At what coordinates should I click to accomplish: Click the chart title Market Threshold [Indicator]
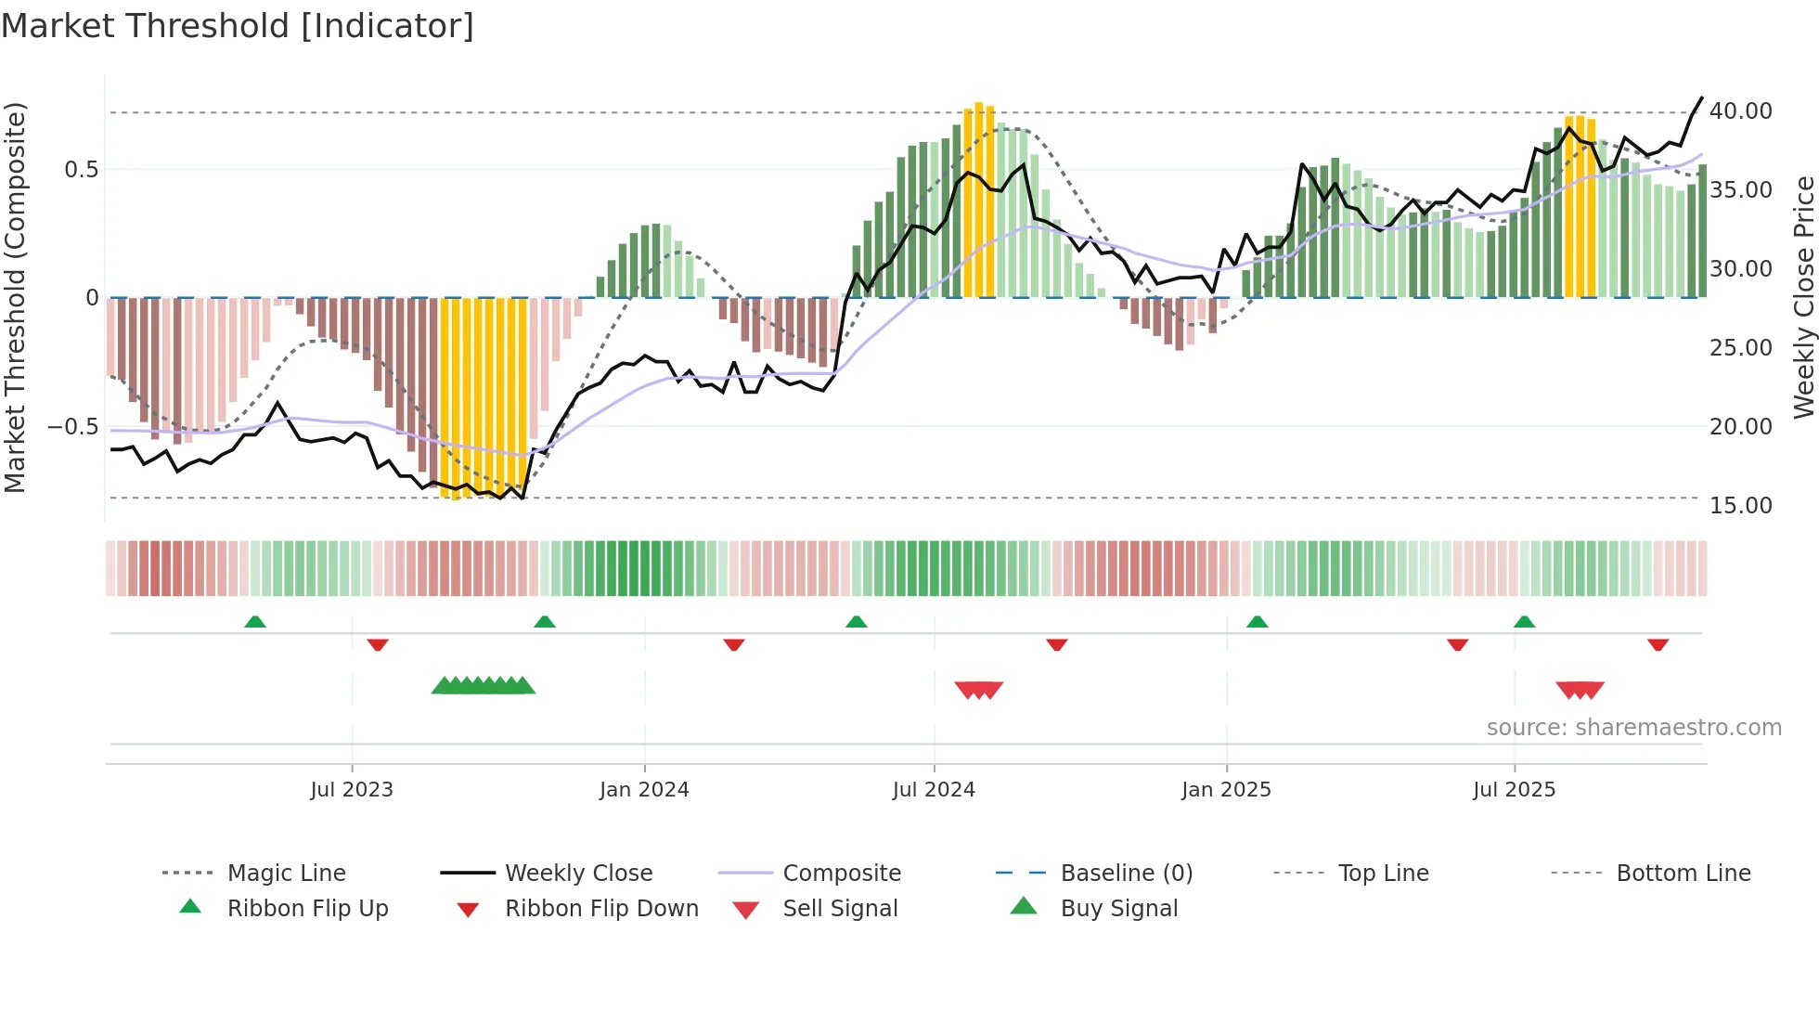[238, 26]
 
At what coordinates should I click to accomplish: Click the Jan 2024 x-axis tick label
[644, 789]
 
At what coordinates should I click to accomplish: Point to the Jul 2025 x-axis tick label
[1514, 789]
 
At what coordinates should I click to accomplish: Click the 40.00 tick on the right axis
[1740, 111]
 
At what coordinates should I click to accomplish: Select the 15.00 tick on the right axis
[1740, 505]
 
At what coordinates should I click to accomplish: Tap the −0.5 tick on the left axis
[72, 426]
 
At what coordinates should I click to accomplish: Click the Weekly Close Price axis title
[1802, 297]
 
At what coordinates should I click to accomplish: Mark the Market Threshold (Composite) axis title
[15, 297]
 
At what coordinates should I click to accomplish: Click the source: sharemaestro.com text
[1633, 727]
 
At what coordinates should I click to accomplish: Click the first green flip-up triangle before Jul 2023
[255, 621]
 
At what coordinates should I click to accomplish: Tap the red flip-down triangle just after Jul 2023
[377, 644]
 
